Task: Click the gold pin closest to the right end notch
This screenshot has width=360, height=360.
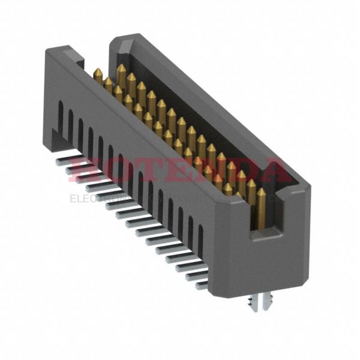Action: (x=261, y=207)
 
